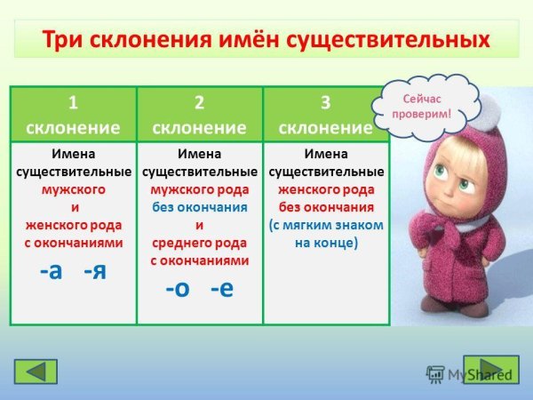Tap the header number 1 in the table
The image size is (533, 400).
pyautogui.click(x=73, y=100)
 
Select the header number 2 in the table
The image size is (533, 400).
pyautogui.click(x=199, y=100)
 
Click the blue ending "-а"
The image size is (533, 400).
pyautogui.click(x=52, y=270)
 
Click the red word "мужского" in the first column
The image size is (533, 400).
pyautogui.click(x=73, y=189)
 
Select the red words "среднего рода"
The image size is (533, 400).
pyautogui.click(x=199, y=243)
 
